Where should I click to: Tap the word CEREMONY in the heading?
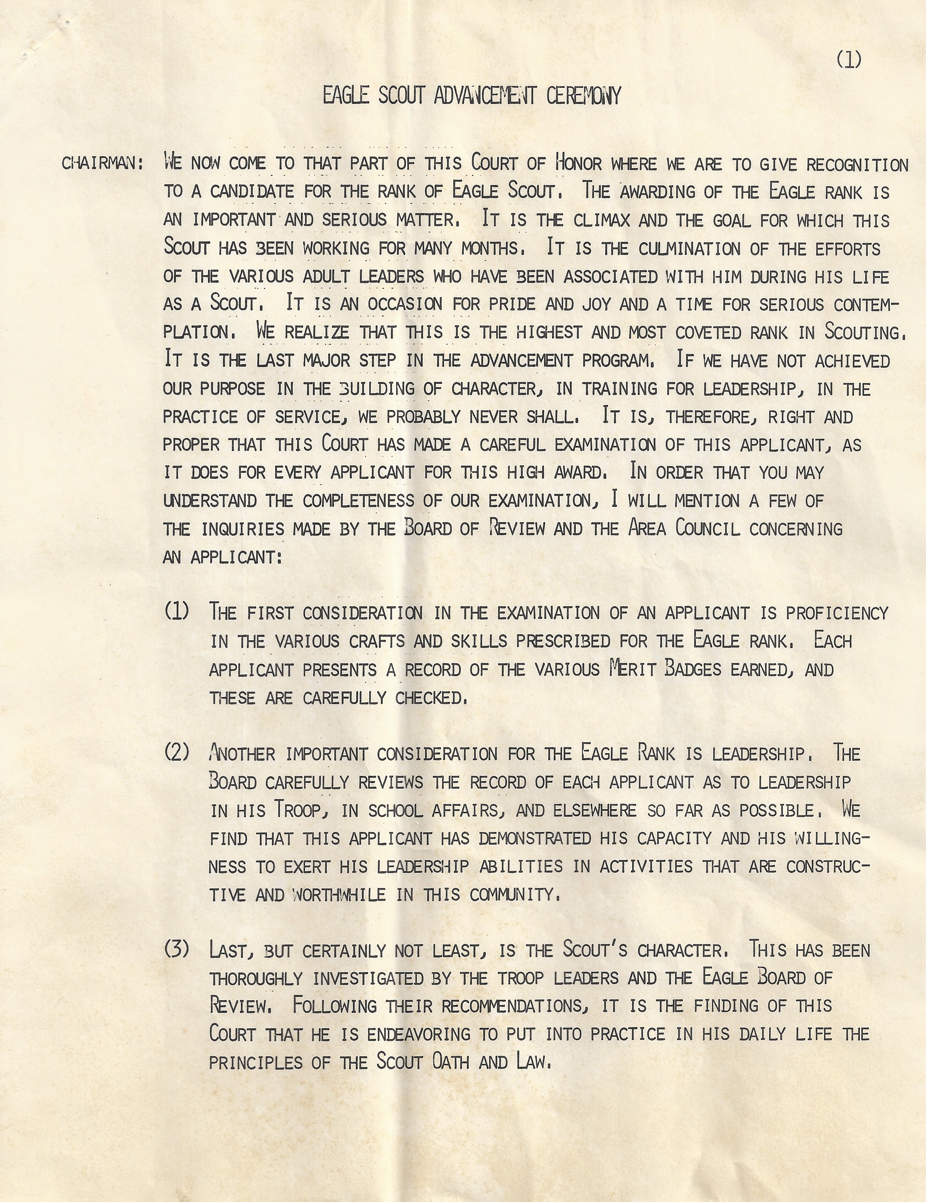[x=584, y=96]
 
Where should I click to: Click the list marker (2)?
[x=177, y=752]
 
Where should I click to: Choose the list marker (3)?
[x=177, y=949]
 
